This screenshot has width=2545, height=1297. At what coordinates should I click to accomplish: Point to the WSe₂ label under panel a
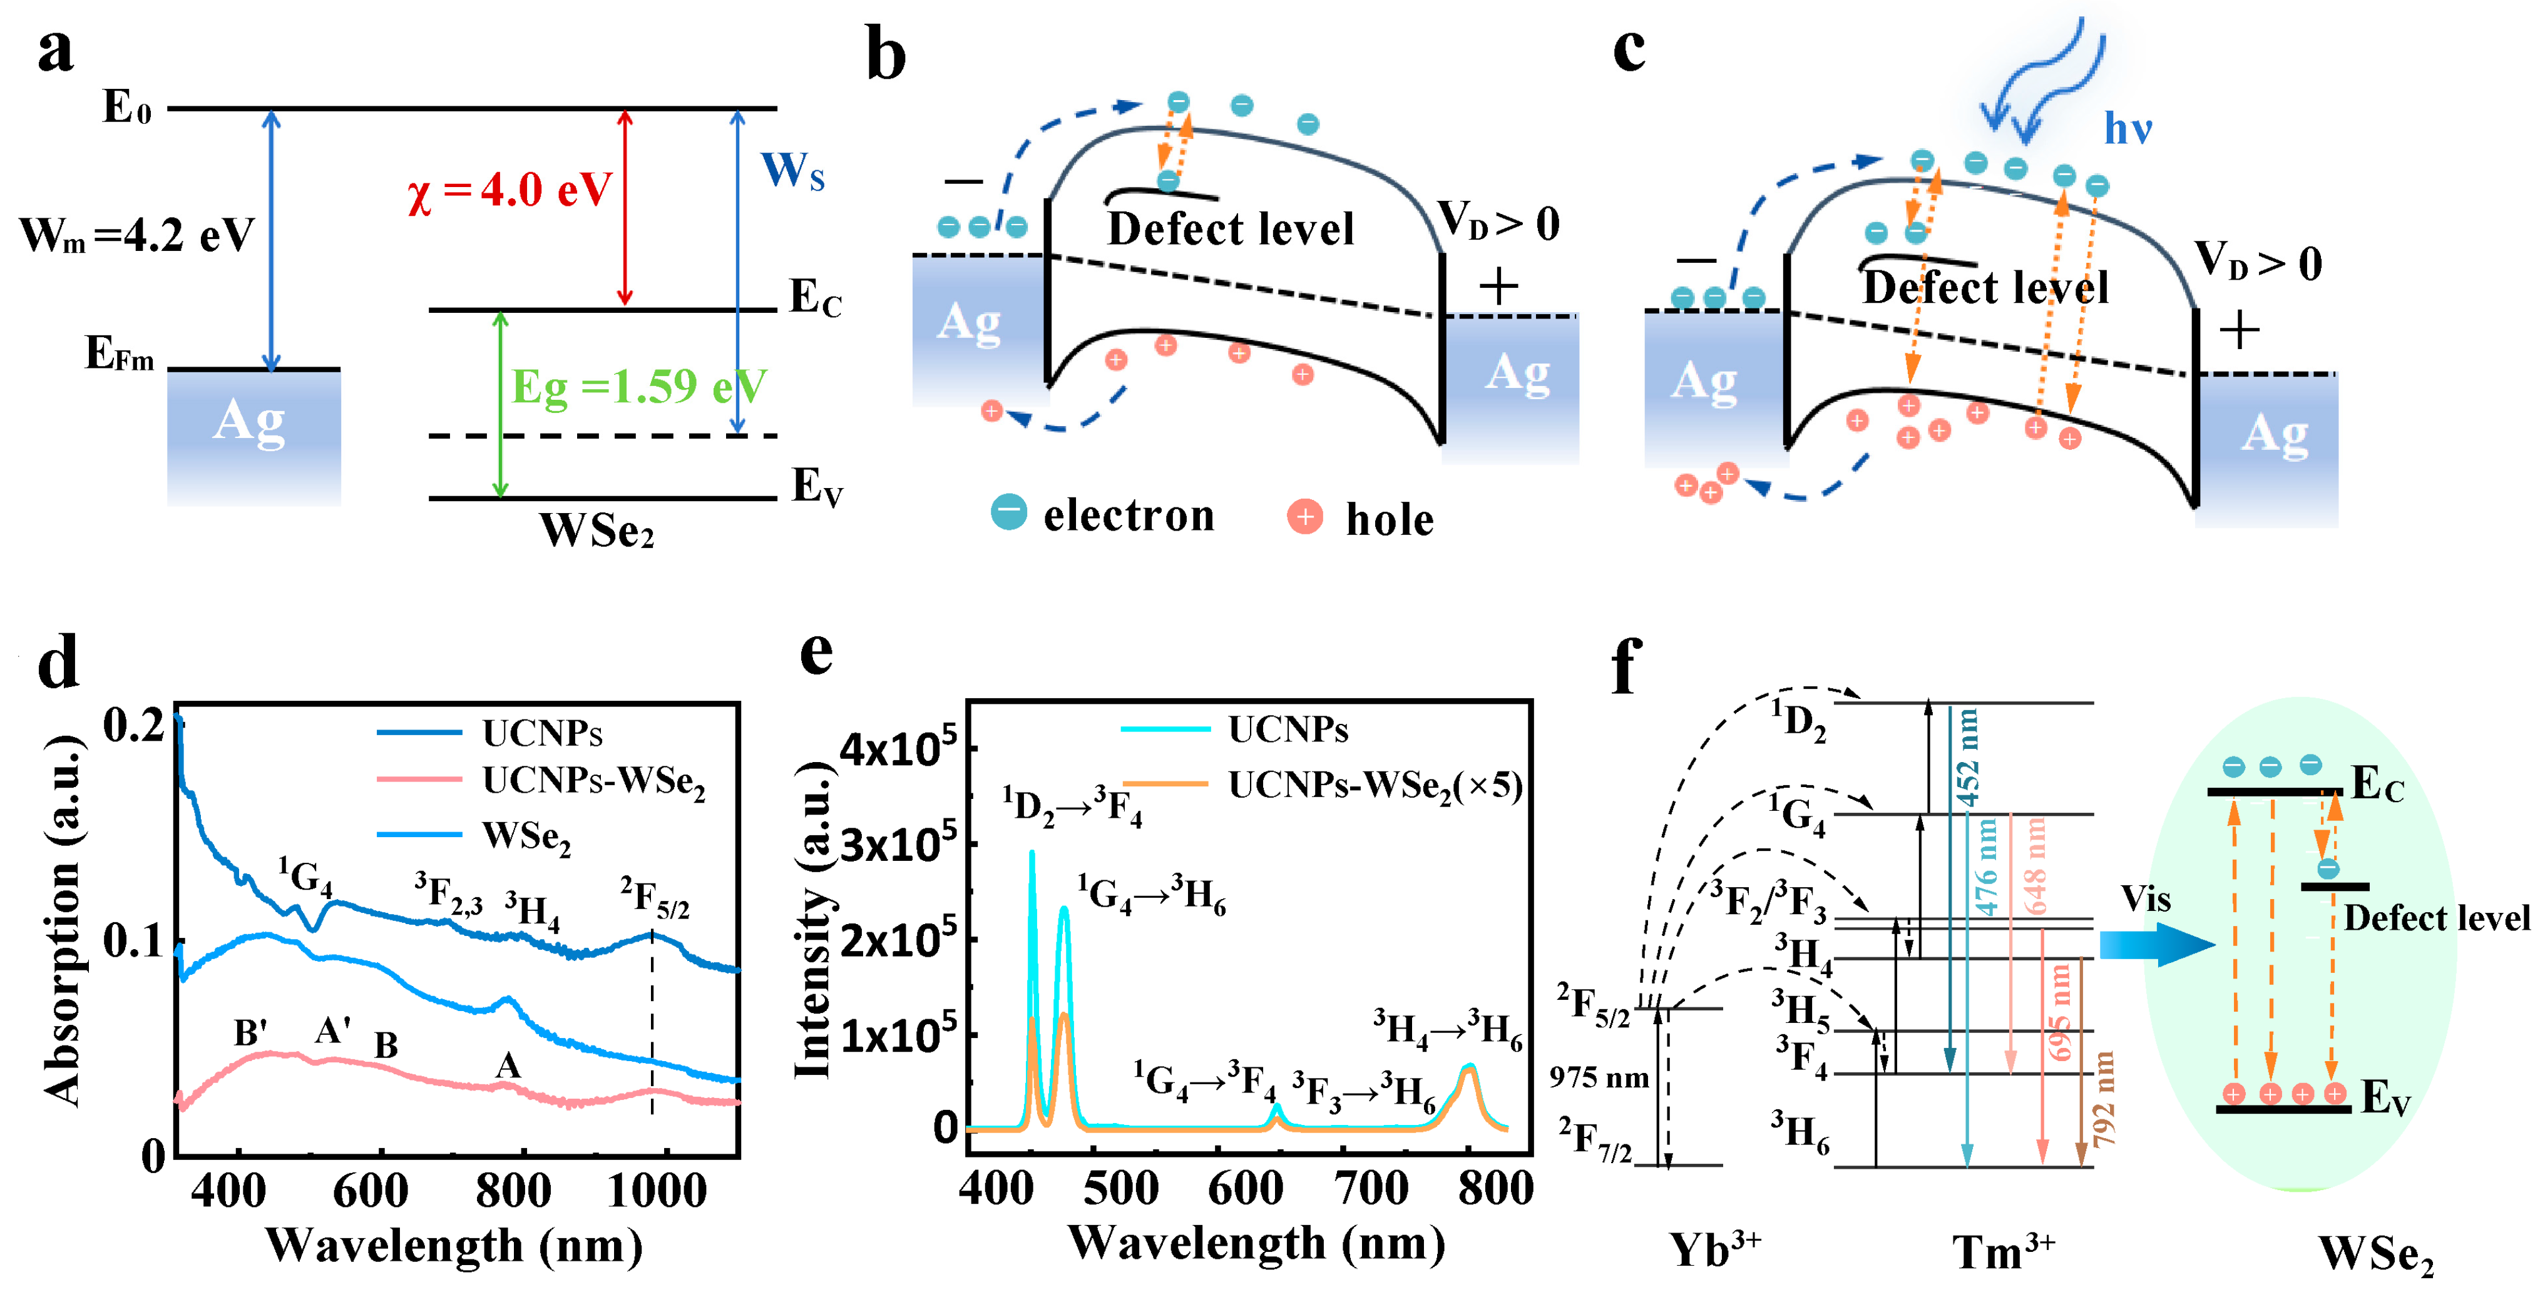(597, 531)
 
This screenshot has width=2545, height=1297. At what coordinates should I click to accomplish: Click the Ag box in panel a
(253, 435)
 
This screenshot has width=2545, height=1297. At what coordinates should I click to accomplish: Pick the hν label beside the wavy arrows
(2127, 128)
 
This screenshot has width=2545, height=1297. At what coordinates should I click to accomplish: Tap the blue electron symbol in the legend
(1009, 512)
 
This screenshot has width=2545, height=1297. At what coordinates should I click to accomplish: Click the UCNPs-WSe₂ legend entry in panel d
(593, 781)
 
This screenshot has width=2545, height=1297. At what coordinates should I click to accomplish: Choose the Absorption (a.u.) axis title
(61, 918)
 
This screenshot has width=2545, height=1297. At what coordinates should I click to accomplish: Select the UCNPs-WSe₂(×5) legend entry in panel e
(1373, 785)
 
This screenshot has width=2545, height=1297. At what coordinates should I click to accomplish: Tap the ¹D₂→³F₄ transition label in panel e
(1072, 806)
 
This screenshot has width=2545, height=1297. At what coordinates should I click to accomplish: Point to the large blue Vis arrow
(2157, 944)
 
